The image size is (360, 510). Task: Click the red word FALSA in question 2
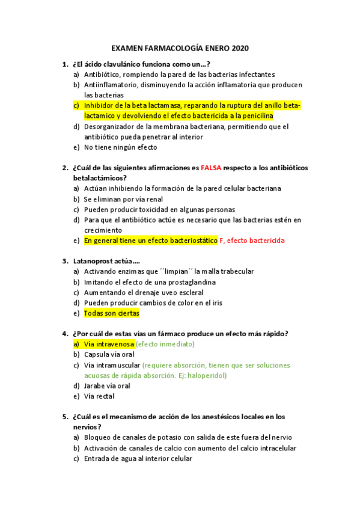click(213, 168)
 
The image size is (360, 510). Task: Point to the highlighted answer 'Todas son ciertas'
click(111, 313)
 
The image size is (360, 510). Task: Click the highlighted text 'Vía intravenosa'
click(109, 344)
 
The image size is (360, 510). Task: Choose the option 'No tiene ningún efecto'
click(120, 147)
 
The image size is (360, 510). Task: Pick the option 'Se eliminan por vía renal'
click(123, 199)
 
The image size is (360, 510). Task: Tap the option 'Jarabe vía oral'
click(107, 386)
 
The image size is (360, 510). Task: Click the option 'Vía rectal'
click(99, 396)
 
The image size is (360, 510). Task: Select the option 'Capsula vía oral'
click(109, 354)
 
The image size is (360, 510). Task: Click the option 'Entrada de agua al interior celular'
click(138, 458)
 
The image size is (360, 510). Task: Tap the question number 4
click(65, 334)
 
